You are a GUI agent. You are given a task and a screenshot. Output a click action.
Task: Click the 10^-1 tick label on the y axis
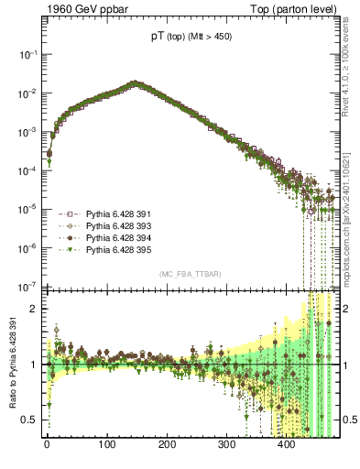(x=27, y=55)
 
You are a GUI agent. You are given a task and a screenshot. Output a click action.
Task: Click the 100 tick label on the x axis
(x=106, y=444)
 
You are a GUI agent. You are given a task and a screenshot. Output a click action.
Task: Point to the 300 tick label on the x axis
(x=226, y=444)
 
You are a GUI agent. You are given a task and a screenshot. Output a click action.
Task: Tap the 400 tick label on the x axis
(x=286, y=444)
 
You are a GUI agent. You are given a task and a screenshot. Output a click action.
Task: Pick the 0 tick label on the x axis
(x=47, y=444)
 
